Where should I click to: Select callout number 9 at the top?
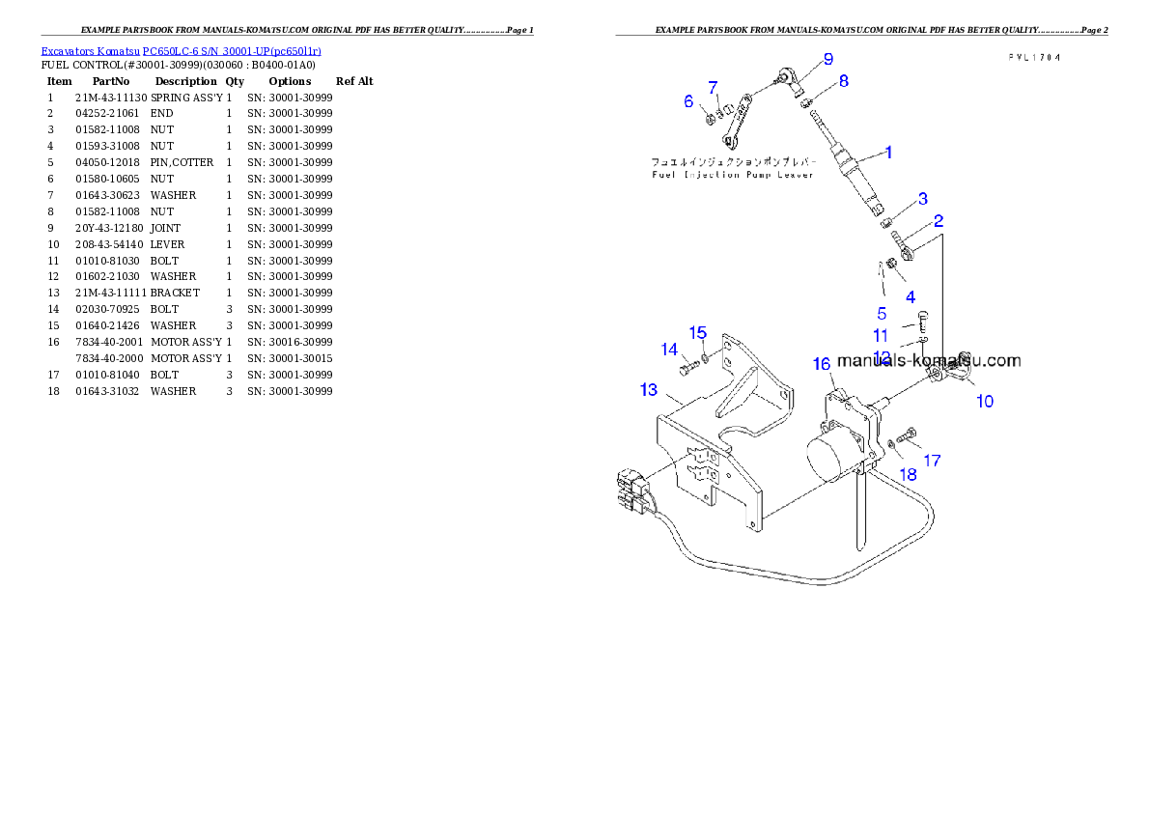point(827,58)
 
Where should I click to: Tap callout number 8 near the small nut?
point(843,81)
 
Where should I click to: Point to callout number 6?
point(688,101)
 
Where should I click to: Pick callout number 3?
point(922,199)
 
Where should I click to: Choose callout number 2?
point(938,220)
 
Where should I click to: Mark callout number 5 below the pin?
point(882,313)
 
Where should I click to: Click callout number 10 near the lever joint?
point(984,401)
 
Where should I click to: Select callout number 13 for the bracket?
point(648,389)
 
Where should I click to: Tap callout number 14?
point(669,350)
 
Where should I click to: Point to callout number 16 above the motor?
point(822,364)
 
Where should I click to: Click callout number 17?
point(932,461)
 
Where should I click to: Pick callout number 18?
point(909,474)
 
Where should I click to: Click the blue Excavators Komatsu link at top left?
point(181,50)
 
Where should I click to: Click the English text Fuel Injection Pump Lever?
point(731,175)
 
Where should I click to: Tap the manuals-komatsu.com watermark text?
point(929,361)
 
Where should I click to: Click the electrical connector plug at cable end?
point(629,489)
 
